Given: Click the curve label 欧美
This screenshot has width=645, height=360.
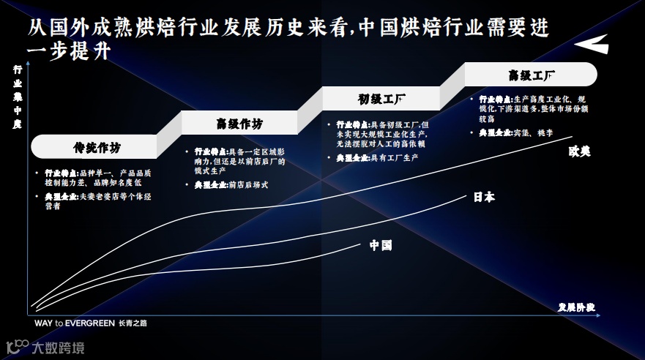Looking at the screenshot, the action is point(579,151).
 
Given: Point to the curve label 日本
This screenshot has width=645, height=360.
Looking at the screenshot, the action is point(483,197).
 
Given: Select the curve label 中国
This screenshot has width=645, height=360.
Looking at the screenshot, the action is point(381,245).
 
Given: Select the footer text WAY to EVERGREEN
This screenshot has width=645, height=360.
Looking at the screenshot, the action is point(74,323).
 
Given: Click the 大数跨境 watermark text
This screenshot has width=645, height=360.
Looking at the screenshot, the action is point(57,347).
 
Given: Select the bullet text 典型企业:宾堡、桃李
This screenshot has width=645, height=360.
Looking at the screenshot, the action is point(512,133).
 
